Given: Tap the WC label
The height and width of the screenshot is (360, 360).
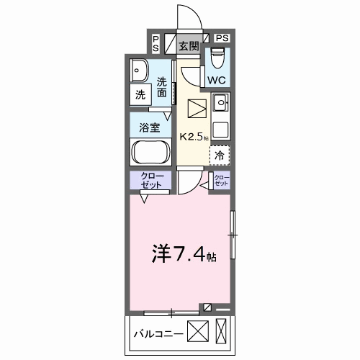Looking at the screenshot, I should (x=218, y=80).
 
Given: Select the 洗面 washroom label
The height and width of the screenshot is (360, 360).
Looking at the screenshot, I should (x=162, y=87).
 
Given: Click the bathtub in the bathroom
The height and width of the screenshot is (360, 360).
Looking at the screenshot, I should (x=150, y=153).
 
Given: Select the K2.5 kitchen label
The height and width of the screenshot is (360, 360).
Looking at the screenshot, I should (x=192, y=135).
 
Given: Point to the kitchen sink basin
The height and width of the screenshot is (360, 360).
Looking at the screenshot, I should (x=220, y=102).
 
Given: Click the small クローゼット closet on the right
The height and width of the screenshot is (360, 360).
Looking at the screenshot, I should (x=220, y=180).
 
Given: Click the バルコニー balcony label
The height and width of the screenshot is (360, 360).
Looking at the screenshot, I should (x=158, y=333).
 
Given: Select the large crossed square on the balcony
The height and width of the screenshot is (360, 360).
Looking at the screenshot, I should (x=198, y=332).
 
